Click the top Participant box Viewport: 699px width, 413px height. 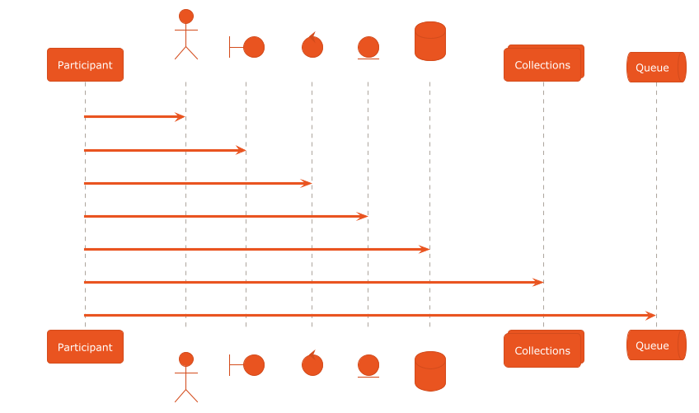[85, 65]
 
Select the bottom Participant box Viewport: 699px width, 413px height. [85, 347]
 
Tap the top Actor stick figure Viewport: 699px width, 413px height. [185, 35]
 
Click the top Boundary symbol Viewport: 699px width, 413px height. [246, 47]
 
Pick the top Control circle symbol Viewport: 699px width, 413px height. [312, 45]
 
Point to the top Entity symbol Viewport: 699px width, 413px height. [368, 48]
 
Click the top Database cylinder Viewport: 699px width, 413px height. [429, 40]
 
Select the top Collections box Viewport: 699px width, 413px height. [543, 65]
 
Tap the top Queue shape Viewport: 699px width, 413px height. [655, 68]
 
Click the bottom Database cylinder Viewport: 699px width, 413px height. [429, 371]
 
